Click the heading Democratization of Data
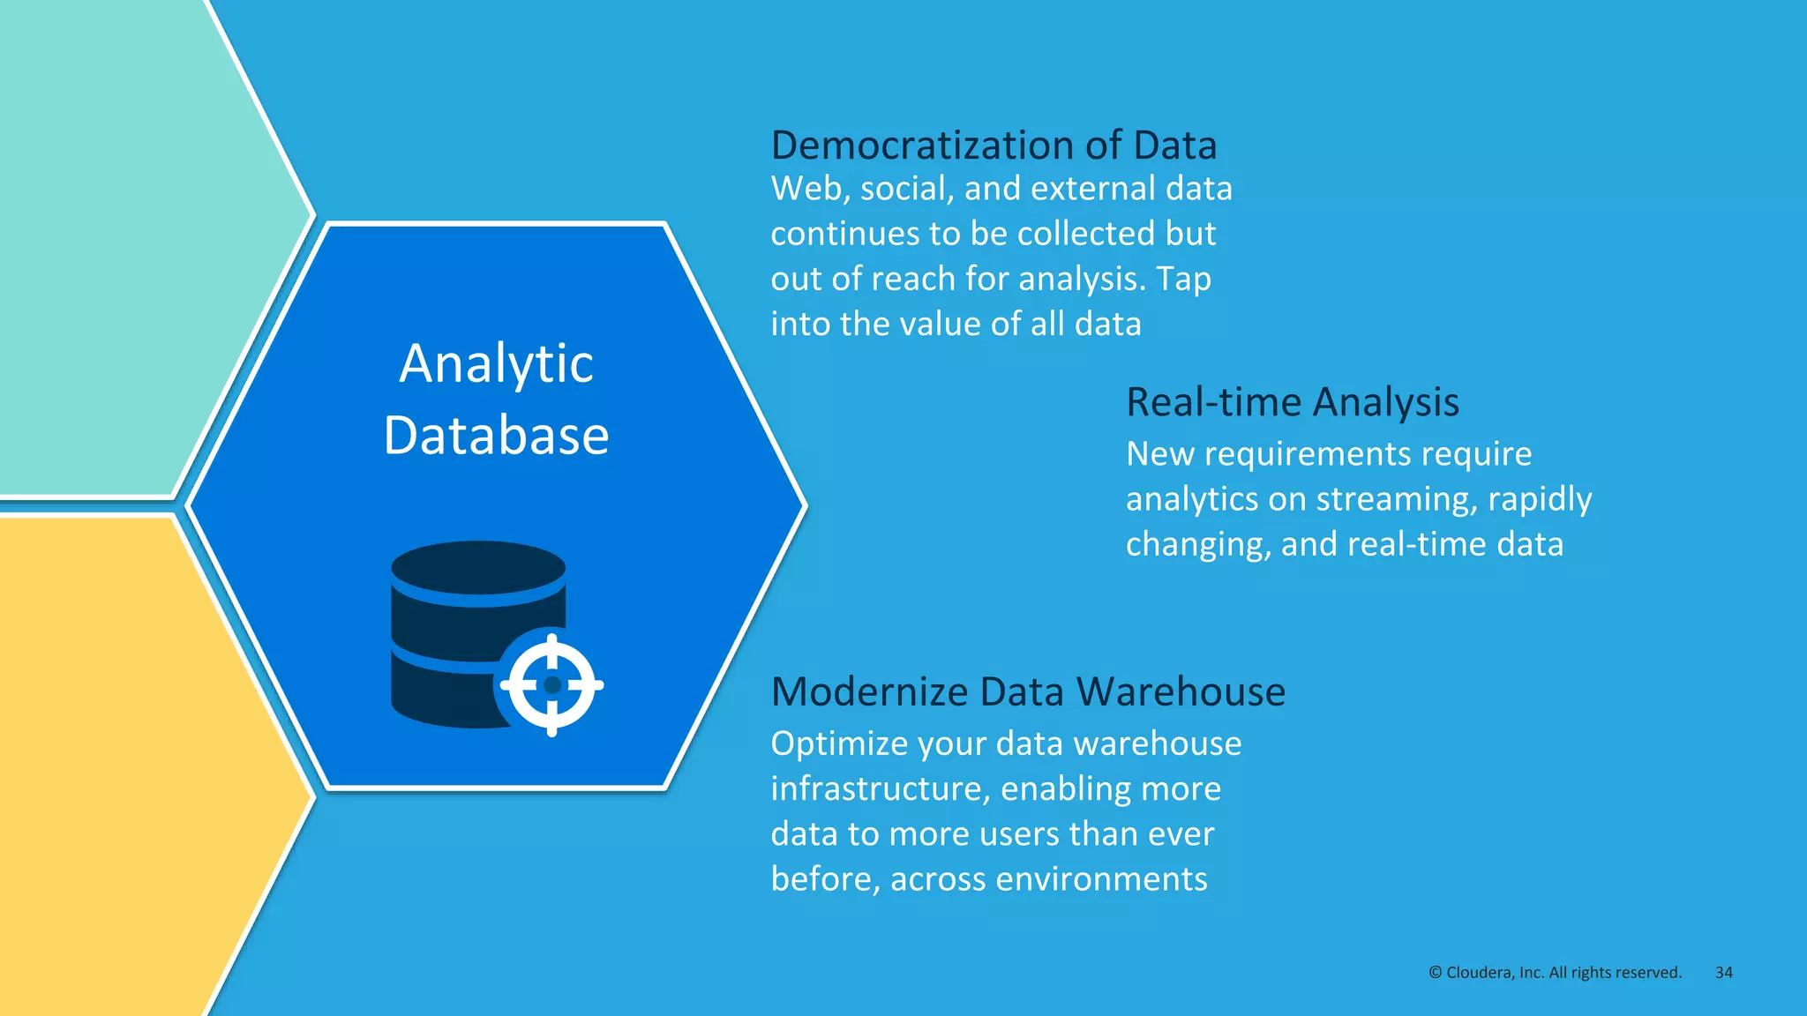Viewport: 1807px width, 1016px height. point(993,146)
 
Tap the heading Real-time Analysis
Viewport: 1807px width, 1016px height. point(1293,402)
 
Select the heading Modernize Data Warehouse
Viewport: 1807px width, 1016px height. point(1028,691)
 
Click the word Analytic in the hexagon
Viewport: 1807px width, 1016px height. point(496,363)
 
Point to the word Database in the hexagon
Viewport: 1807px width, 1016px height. point(496,435)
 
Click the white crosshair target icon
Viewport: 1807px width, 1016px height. point(552,684)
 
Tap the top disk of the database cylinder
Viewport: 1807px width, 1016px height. point(478,567)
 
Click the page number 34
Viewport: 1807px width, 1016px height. point(1723,972)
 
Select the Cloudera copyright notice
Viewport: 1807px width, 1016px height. point(1555,972)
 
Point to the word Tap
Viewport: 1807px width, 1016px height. point(1183,279)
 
